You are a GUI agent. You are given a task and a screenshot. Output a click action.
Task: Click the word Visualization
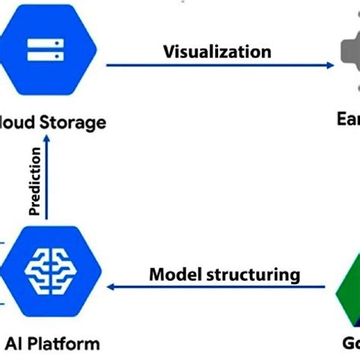(x=216, y=52)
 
